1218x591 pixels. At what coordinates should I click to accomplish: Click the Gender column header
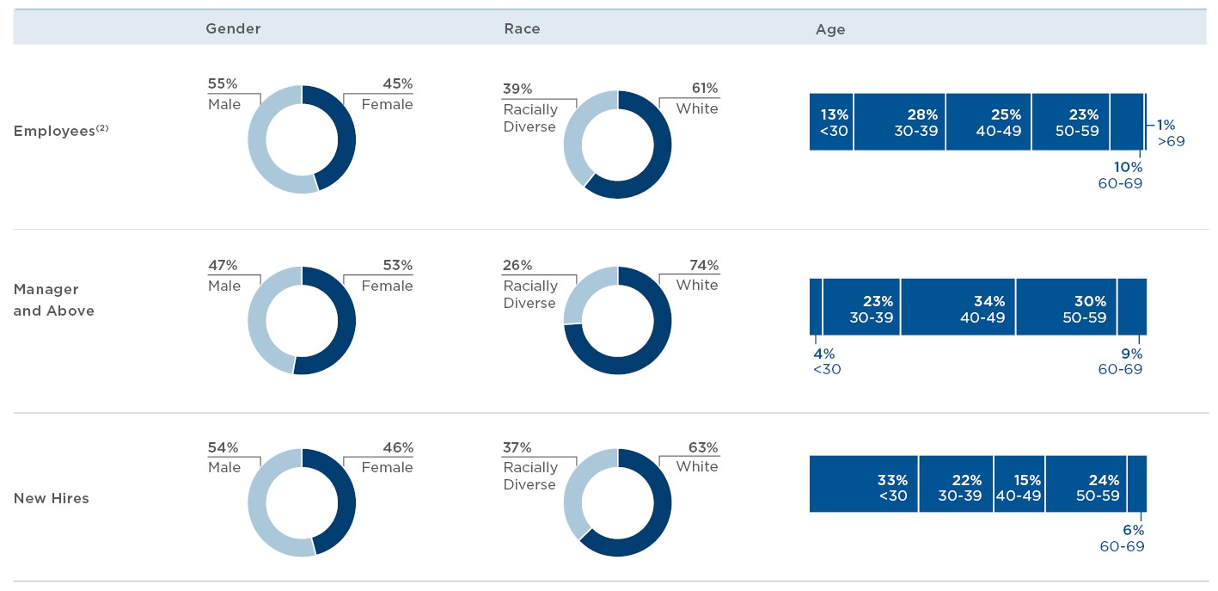tap(233, 28)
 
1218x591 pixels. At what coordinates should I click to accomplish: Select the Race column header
tap(522, 28)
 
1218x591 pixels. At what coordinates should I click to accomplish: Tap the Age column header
tap(830, 29)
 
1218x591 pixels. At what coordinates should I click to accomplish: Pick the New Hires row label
tap(52, 498)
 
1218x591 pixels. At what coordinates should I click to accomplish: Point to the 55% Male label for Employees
tap(223, 94)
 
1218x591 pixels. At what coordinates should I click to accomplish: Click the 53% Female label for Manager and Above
tap(387, 275)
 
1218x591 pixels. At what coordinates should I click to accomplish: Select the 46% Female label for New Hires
tap(387, 458)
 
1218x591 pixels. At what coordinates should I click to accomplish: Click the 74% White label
tap(697, 275)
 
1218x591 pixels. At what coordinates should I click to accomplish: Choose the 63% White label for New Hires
tap(697, 458)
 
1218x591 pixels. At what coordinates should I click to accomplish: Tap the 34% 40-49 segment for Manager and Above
tap(958, 307)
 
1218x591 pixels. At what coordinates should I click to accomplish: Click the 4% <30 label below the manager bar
tap(826, 361)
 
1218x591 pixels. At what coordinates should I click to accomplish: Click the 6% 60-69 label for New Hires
tap(1123, 539)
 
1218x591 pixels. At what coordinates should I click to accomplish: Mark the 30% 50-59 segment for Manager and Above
tap(1067, 307)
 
